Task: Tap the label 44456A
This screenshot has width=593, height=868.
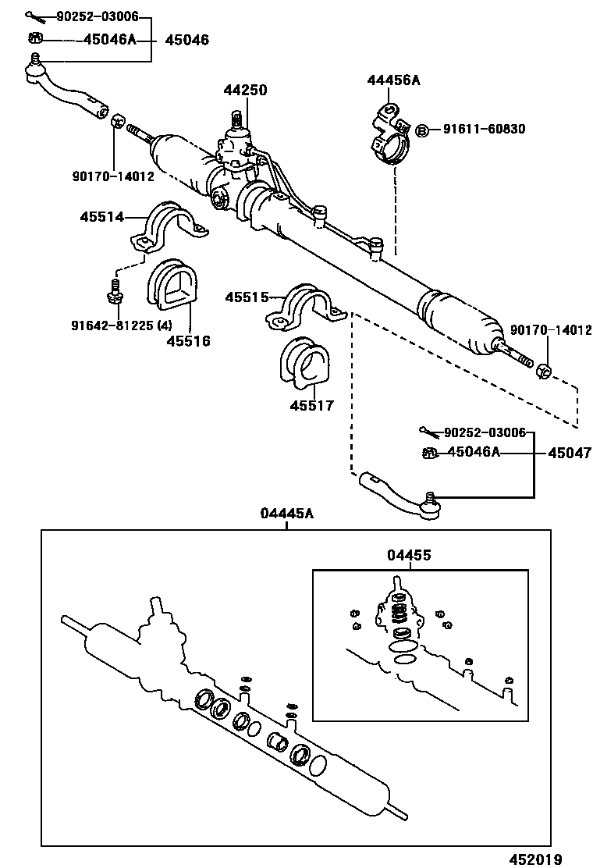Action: click(x=393, y=80)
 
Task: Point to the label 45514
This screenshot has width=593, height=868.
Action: click(x=101, y=216)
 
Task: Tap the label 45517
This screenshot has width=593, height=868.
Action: click(x=311, y=405)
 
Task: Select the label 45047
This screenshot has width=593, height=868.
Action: click(x=569, y=453)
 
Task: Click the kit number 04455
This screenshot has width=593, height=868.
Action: click(x=409, y=555)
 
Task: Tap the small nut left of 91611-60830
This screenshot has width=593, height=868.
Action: click(x=421, y=130)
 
